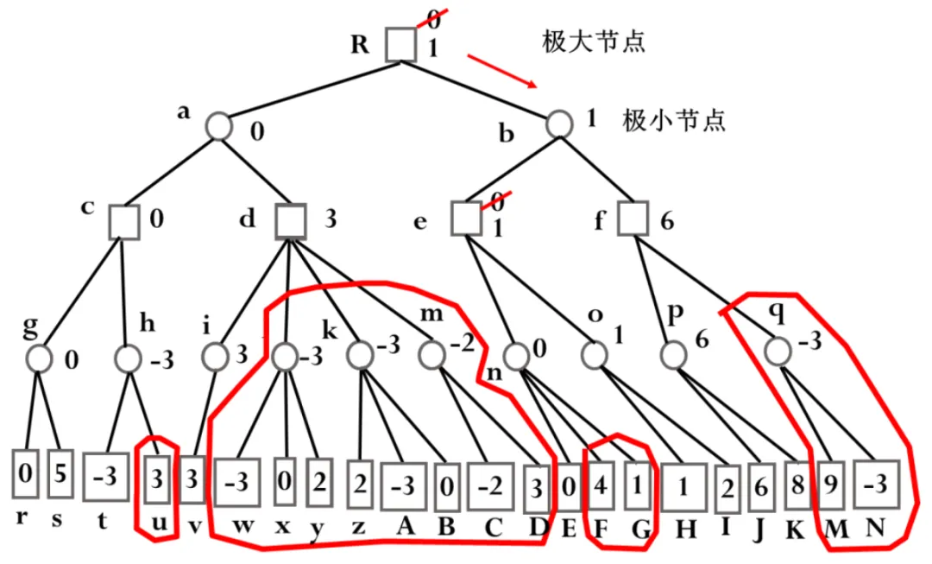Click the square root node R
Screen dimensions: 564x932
tap(401, 44)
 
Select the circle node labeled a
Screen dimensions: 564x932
tap(219, 126)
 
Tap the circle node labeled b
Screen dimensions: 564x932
tap(561, 124)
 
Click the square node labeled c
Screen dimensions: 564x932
tap(124, 221)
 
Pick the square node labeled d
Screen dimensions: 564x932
tap(292, 221)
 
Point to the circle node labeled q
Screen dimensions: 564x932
tap(777, 349)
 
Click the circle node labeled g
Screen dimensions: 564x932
tap(40, 357)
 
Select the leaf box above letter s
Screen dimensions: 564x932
tap(60, 472)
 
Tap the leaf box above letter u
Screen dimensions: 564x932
tap(156, 478)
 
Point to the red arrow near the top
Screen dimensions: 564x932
tap(501, 72)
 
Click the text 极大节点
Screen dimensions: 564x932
tap(594, 41)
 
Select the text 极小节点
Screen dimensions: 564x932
tap(673, 120)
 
